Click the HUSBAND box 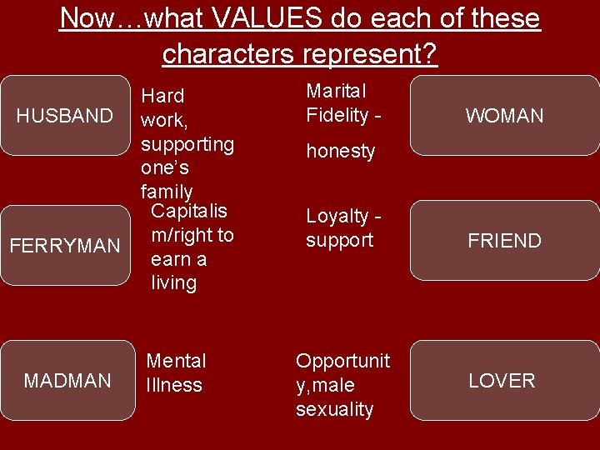[65, 116]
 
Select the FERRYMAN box [65, 245]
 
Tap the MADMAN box [67, 381]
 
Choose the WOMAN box [504, 116]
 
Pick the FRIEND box [504, 241]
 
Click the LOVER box [502, 381]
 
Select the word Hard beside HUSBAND [162, 96]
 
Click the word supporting [187, 144]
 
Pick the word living [173, 283]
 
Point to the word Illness [174, 385]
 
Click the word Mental [176, 361]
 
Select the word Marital [336, 90]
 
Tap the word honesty [341, 152]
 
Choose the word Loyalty [337, 217]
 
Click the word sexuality [334, 410]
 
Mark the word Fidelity [338, 114]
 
